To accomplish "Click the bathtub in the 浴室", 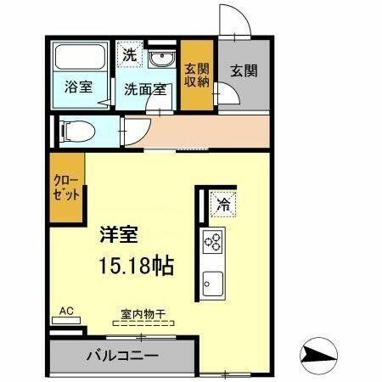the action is coord(80,57).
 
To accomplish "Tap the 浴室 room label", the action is coord(78,87).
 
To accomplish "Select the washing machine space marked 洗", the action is coord(130,54).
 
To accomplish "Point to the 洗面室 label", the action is coord(145,90).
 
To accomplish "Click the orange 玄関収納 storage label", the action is coord(197,75).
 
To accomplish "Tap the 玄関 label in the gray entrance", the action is coord(244,70).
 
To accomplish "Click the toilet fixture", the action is coord(77,132).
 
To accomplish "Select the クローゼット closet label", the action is coord(66,188).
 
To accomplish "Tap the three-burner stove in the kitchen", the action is coord(213,241).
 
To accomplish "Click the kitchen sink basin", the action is coord(213,284).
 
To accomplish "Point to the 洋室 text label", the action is coord(119,234).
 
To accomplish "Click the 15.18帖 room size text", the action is coord(137,266).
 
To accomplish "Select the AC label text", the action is coord(66,311).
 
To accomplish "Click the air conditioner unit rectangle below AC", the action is coord(66,321).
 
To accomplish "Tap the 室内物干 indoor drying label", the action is coord(143,314).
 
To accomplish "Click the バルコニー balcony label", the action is coord(122,356).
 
